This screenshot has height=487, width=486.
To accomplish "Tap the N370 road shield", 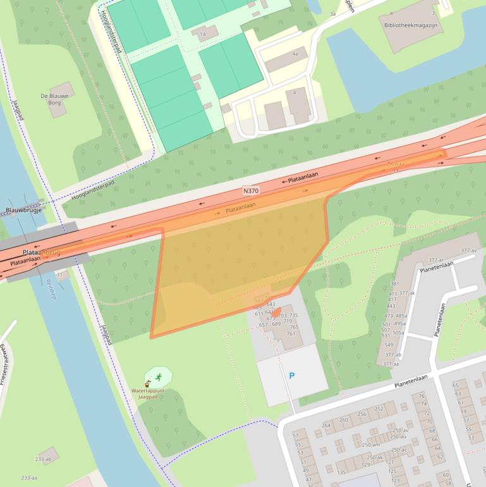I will pyautogui.click(x=251, y=190).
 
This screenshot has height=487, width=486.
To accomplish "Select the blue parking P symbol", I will pyautogui.click(x=291, y=376).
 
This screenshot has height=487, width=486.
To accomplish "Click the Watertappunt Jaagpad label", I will pyautogui.click(x=148, y=394).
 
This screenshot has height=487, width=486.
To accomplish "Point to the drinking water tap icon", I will pyautogui.click(x=148, y=383).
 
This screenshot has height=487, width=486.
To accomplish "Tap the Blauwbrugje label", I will pyautogui.click(x=23, y=210).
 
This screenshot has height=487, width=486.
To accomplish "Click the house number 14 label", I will pyautogui.click(x=202, y=34).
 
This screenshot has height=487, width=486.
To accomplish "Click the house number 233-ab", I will pyautogui.click(x=44, y=459).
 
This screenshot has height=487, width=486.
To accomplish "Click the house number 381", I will pyautogui.click(x=395, y=284).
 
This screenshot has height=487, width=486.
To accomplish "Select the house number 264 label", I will pyautogui.click(x=326, y=425).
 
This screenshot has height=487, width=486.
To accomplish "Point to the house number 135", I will pyautogui.click(x=341, y=472).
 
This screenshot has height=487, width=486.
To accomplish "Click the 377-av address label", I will pyautogui.click(x=468, y=251).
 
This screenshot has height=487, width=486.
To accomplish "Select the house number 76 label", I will pyautogui.click(x=422, y=397).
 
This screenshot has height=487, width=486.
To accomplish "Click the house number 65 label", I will pyautogui.click(x=455, y=385).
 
